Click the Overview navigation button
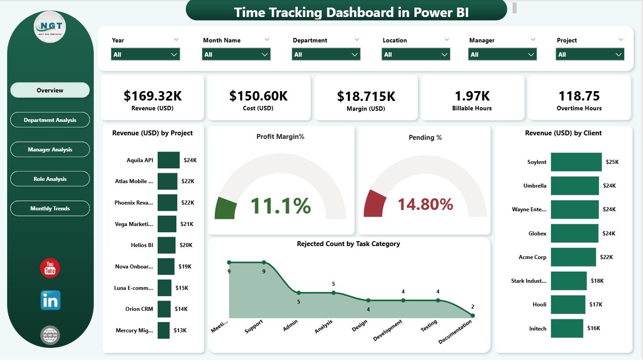pos(50,90)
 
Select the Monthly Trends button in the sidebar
pos(50,209)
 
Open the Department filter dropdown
pos(326,54)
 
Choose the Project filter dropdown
pos(590,54)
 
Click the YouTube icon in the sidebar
pos(50,268)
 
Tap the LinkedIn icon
pos(50,301)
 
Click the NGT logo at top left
pos(50,27)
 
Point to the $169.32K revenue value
pos(152,96)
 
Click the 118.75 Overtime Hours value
pos(579,96)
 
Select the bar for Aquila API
pos(168,160)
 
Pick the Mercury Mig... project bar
pos(163,331)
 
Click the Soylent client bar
pos(576,162)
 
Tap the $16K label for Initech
pos(594,328)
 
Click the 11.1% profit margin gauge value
pos(280,205)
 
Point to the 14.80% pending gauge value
pos(425,205)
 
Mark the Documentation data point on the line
pos(472,315)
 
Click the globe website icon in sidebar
pos(50,335)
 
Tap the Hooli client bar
pos(568,304)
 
